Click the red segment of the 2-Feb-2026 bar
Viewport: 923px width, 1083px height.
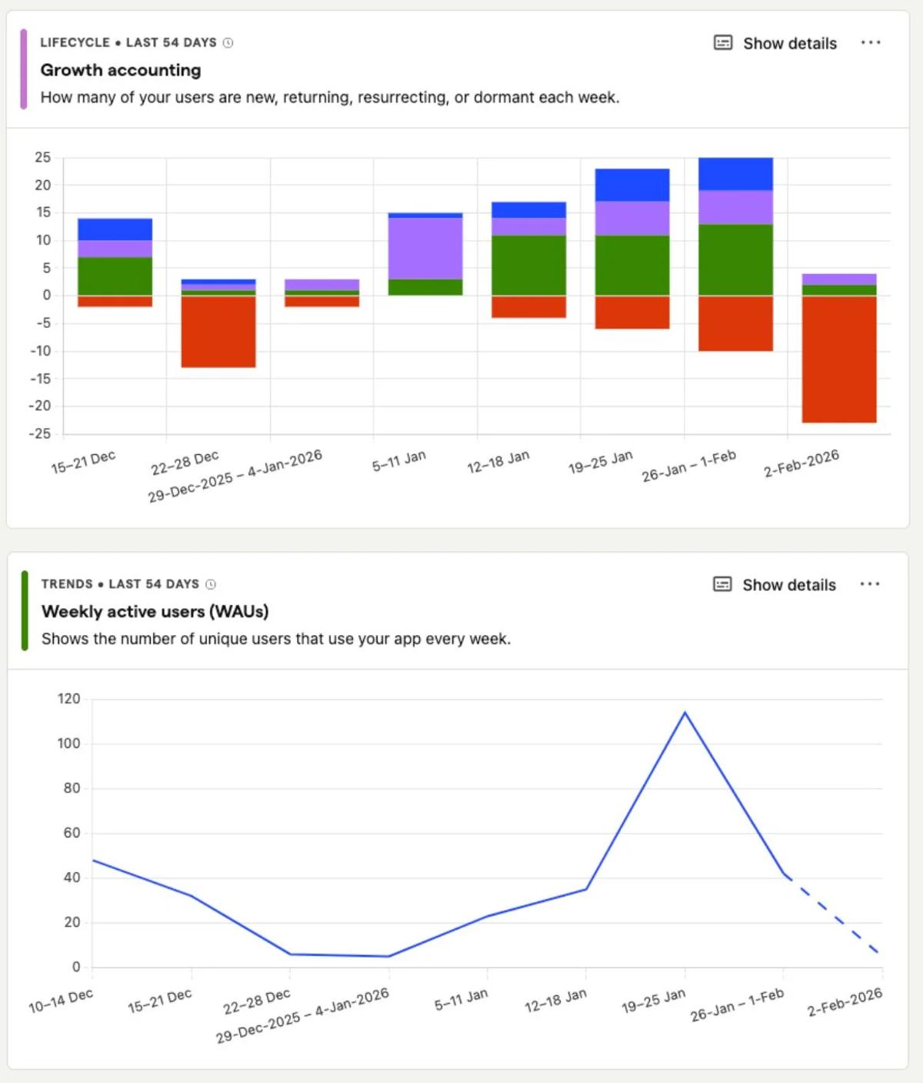click(838, 359)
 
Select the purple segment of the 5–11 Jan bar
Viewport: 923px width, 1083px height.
click(425, 248)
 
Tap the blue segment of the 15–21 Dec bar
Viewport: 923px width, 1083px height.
click(115, 229)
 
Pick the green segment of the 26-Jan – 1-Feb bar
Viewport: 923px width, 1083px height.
click(735, 259)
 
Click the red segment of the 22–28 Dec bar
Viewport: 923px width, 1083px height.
click(218, 332)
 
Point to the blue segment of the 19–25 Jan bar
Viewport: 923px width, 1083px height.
click(631, 185)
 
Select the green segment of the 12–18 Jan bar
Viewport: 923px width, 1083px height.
click(528, 265)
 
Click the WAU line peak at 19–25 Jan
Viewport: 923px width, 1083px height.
click(685, 713)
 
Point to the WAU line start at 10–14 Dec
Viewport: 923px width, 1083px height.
click(93, 861)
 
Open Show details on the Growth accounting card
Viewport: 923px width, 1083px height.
click(775, 43)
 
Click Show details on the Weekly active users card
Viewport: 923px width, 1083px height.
click(775, 585)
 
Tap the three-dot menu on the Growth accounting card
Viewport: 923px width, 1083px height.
click(870, 43)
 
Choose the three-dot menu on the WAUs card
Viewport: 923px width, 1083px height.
click(869, 584)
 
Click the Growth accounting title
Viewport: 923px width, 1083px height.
click(121, 70)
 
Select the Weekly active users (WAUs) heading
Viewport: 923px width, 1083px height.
click(155, 611)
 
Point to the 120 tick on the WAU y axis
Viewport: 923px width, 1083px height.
click(68, 699)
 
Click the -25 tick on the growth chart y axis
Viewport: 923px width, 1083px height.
click(40, 434)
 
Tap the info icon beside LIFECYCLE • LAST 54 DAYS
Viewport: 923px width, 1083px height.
click(228, 43)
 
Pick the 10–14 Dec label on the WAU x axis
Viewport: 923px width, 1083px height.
click(61, 1000)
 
